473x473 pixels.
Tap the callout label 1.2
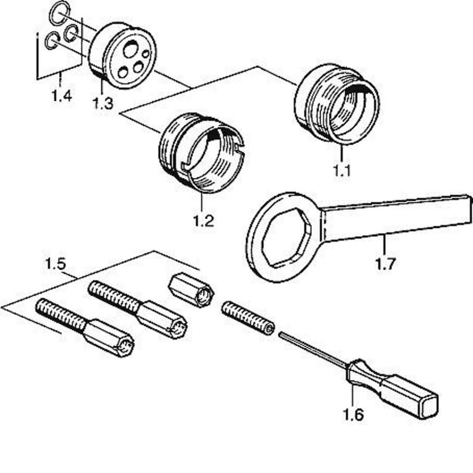click(x=204, y=221)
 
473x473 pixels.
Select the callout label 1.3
click(x=103, y=103)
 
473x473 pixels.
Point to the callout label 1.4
click(x=61, y=96)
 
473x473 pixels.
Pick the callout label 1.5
click(x=55, y=263)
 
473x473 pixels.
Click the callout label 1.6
click(x=353, y=415)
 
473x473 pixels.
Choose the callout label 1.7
click(x=385, y=264)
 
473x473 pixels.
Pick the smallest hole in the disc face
click(x=146, y=54)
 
